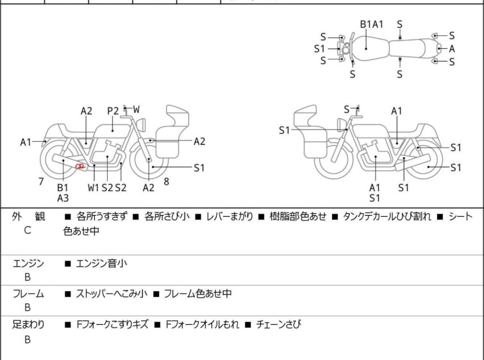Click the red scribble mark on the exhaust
(80, 167)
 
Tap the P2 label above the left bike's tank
(113, 111)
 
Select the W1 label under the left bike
(94, 187)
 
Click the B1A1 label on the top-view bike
(372, 24)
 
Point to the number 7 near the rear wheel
(41, 182)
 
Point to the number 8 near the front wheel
(167, 182)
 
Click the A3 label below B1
(63, 198)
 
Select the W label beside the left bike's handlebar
(136, 109)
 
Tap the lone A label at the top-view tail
(452, 49)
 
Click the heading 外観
(28, 216)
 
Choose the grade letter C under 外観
(28, 230)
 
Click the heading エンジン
(28, 264)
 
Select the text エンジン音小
(101, 264)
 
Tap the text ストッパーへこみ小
(112, 293)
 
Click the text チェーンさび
(278, 325)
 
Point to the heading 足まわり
(28, 325)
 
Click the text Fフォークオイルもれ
(203, 325)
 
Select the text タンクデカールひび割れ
(387, 216)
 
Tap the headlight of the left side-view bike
(141, 124)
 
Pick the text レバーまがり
(229, 216)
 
